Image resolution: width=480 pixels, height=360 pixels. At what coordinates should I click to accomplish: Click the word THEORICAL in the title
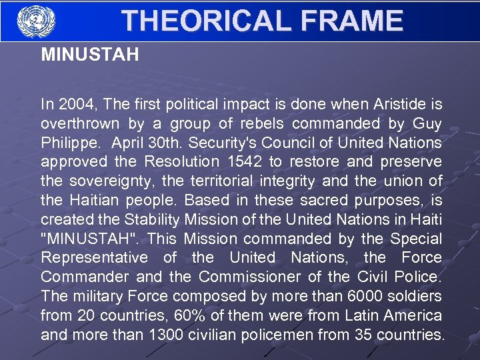pos(204,21)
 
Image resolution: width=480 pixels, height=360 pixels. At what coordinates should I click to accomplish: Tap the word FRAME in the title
pos(351,21)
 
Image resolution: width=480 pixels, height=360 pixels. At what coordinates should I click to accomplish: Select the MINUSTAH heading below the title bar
pos(90,55)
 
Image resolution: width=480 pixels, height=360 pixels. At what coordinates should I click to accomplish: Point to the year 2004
pos(70,105)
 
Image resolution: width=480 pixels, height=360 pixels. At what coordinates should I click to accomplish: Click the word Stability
pos(148,219)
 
